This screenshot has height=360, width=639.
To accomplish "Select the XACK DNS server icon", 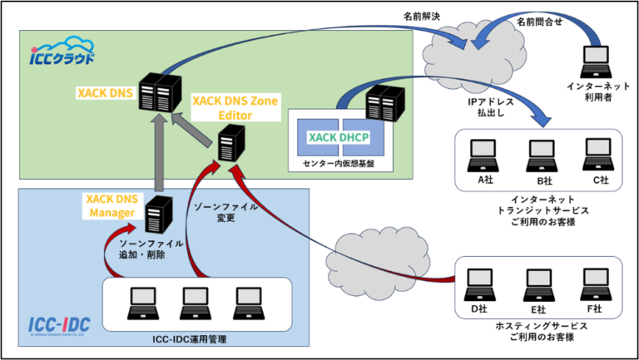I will click(157, 89).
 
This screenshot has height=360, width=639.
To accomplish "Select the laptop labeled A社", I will click(481, 153).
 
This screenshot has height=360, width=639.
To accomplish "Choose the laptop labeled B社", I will click(539, 153).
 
